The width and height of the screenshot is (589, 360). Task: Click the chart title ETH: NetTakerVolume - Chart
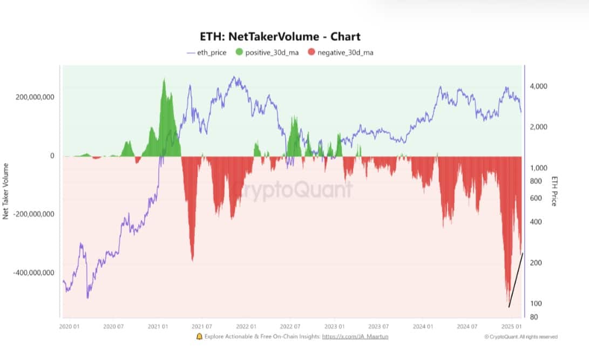click(x=280, y=37)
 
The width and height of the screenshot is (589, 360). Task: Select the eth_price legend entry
click(x=207, y=53)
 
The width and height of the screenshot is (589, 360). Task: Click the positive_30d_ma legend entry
click(x=268, y=53)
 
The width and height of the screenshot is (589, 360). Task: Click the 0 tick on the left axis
click(x=52, y=156)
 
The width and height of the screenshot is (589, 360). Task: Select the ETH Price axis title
click(x=553, y=191)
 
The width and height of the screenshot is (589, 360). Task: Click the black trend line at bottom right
click(x=516, y=281)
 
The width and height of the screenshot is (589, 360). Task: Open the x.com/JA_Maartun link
click(x=355, y=337)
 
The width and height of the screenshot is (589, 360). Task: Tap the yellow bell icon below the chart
click(x=199, y=336)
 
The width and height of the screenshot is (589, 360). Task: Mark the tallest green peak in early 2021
click(x=164, y=81)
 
